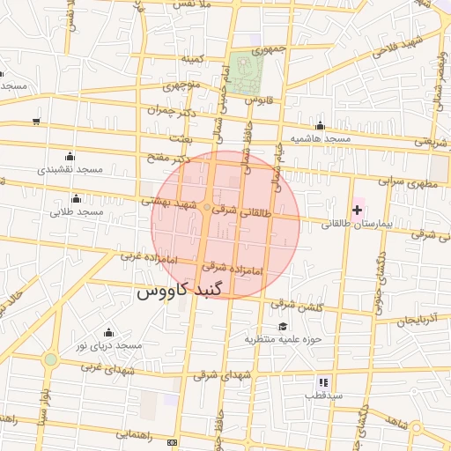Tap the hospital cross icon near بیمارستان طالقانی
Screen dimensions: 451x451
pyautogui.click(x=357, y=210)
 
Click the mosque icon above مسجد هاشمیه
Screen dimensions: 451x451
pyautogui.click(x=320, y=126)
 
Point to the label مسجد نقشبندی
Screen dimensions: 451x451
pyautogui.click(x=70, y=168)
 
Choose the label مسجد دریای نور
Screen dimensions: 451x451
pyautogui.click(x=109, y=346)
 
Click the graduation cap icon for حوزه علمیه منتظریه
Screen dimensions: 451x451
pyautogui.click(x=283, y=326)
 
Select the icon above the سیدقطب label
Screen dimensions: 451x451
pyautogui.click(x=323, y=381)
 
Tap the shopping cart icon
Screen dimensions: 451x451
pyautogui.click(x=36, y=122)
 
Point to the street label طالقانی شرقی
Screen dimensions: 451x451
pyautogui.click(x=237, y=211)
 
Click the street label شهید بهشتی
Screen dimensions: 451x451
pyautogui.click(x=172, y=202)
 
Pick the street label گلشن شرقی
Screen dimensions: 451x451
pyautogui.click(x=295, y=305)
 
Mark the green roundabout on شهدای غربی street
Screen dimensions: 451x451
pyautogui.click(x=51, y=359)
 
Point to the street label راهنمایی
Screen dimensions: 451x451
pyautogui.click(x=135, y=434)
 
